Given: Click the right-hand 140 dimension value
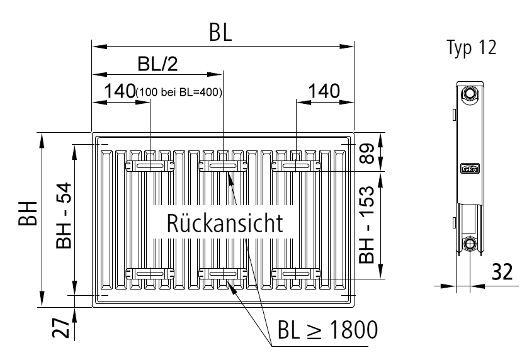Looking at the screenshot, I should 323,90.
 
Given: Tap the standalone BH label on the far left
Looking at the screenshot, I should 29,216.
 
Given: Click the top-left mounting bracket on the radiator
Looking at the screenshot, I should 151,166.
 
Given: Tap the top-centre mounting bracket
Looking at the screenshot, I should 224,166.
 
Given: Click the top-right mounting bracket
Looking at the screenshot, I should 296,166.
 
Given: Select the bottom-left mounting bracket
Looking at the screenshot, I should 151,273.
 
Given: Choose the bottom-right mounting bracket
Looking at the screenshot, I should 296,273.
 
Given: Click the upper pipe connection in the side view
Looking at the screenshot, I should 468,95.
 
